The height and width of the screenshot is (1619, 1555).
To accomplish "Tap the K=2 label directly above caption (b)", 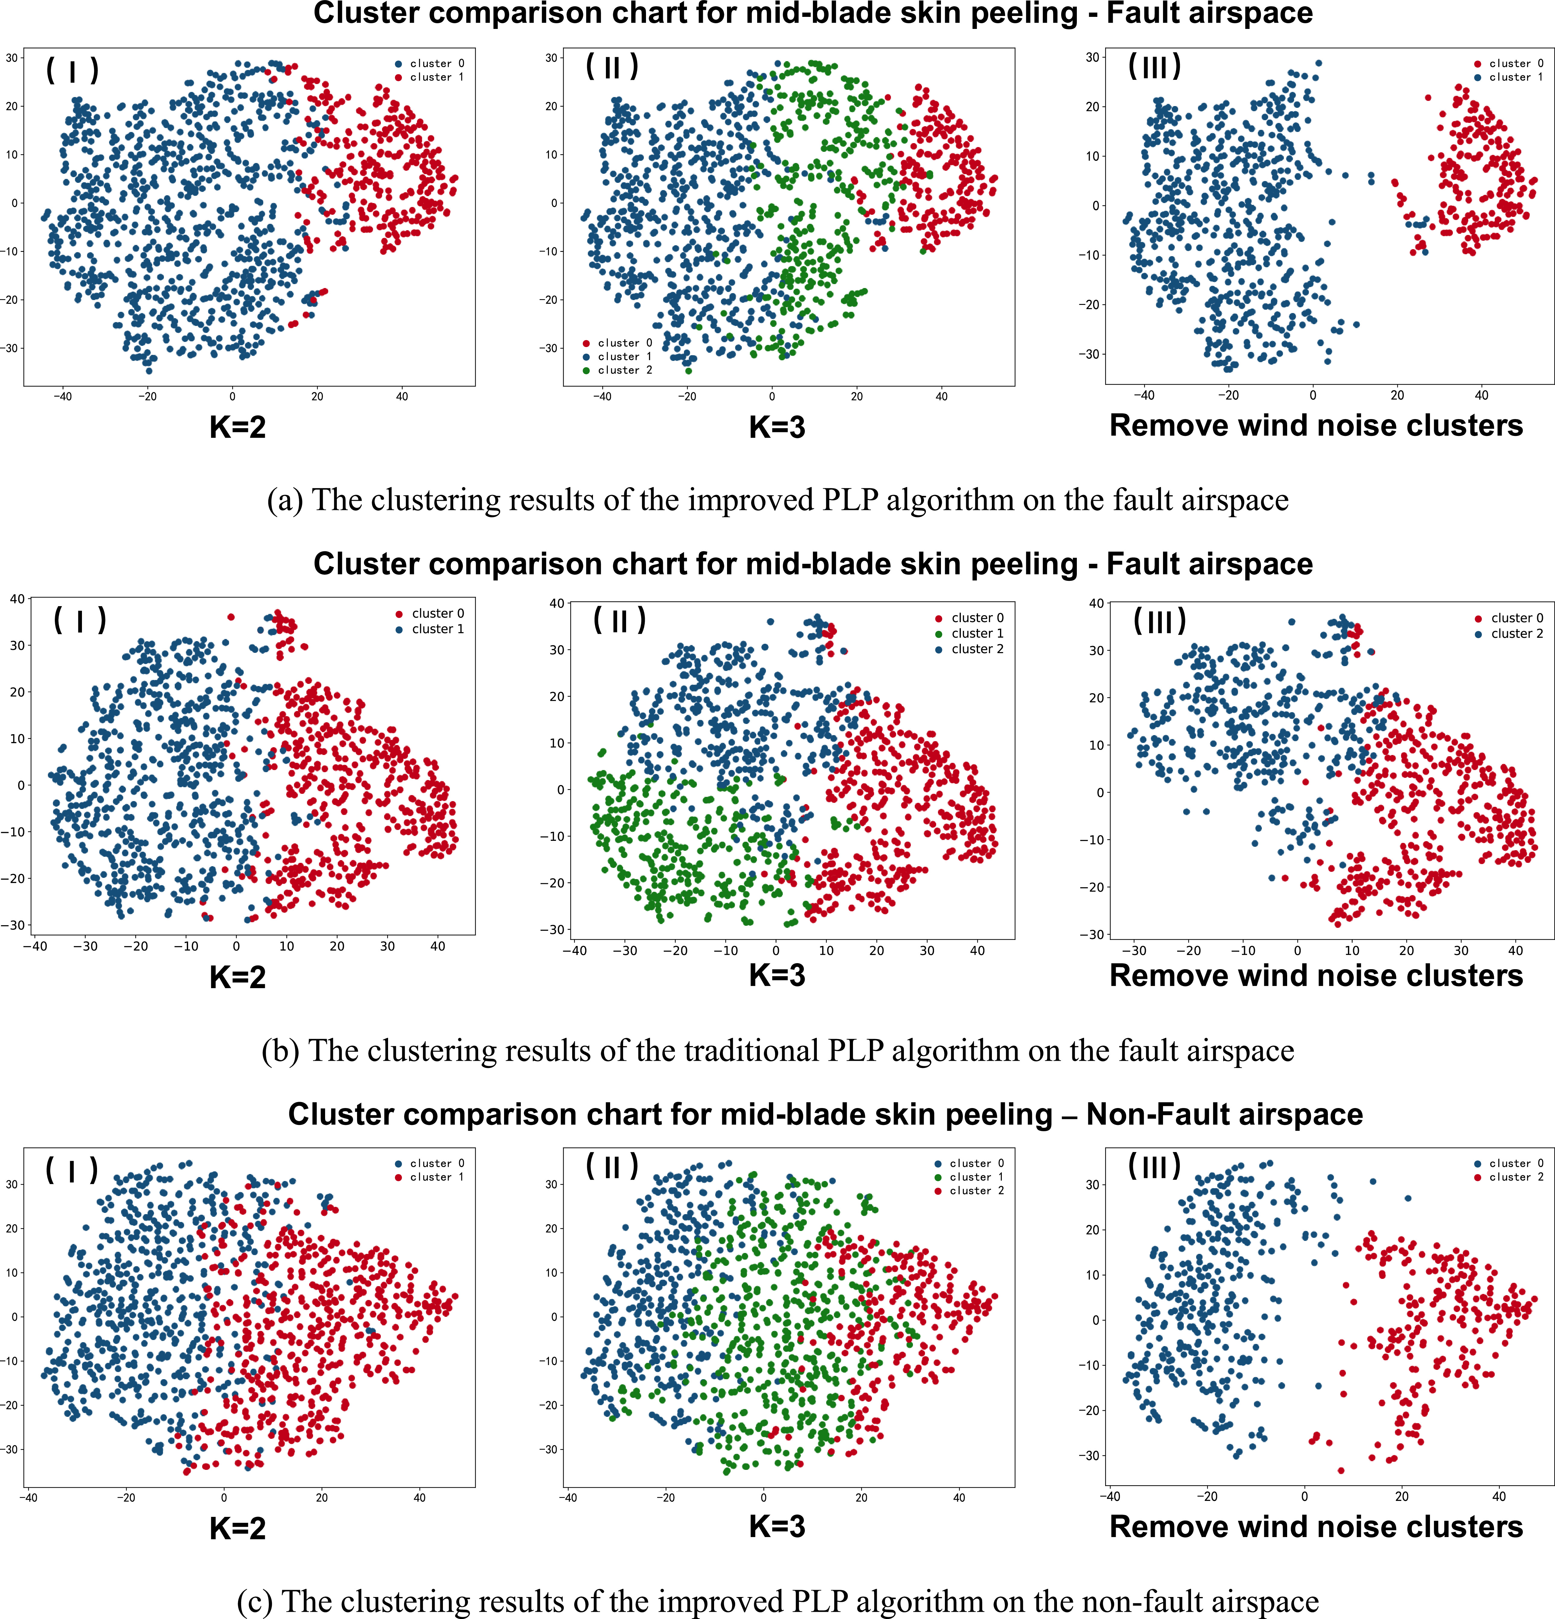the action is coord(238,977).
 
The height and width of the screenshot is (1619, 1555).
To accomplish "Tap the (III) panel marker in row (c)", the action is coord(1154,1166).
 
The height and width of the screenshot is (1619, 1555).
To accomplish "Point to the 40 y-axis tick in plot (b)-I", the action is coord(17,599).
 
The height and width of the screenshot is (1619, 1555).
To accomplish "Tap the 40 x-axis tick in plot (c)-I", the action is coord(420,1497).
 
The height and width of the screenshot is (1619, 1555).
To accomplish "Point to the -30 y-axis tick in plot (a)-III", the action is coord(1089,354).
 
